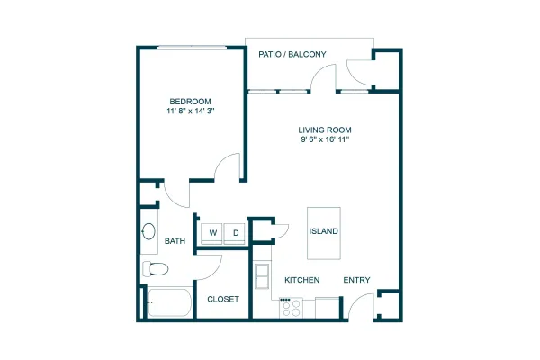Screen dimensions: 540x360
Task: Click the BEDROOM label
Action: click(x=190, y=102)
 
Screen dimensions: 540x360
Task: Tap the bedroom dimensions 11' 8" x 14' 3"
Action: click(x=191, y=111)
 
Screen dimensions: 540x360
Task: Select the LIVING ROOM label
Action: click(x=325, y=130)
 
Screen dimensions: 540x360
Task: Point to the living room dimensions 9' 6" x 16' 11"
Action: click(x=325, y=139)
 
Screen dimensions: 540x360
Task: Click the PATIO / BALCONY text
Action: click(x=292, y=54)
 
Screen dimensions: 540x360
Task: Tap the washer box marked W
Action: click(x=211, y=233)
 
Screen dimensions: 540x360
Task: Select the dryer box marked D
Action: click(x=235, y=233)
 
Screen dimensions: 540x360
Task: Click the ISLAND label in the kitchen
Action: click(x=323, y=231)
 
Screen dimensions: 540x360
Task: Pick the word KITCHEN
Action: click(x=302, y=280)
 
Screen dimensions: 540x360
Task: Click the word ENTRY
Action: click(x=356, y=280)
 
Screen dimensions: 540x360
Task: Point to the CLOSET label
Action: click(x=223, y=299)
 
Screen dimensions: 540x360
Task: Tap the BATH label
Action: click(x=175, y=241)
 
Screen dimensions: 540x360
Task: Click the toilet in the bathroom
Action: click(x=156, y=269)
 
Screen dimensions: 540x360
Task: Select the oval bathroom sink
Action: click(x=148, y=231)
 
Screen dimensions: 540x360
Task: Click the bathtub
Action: click(x=169, y=302)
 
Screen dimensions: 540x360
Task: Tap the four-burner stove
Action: click(x=291, y=307)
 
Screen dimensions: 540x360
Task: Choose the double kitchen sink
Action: click(x=262, y=276)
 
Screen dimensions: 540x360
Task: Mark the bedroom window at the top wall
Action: click(x=192, y=48)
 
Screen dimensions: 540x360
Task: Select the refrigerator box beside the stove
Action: click(x=328, y=308)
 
